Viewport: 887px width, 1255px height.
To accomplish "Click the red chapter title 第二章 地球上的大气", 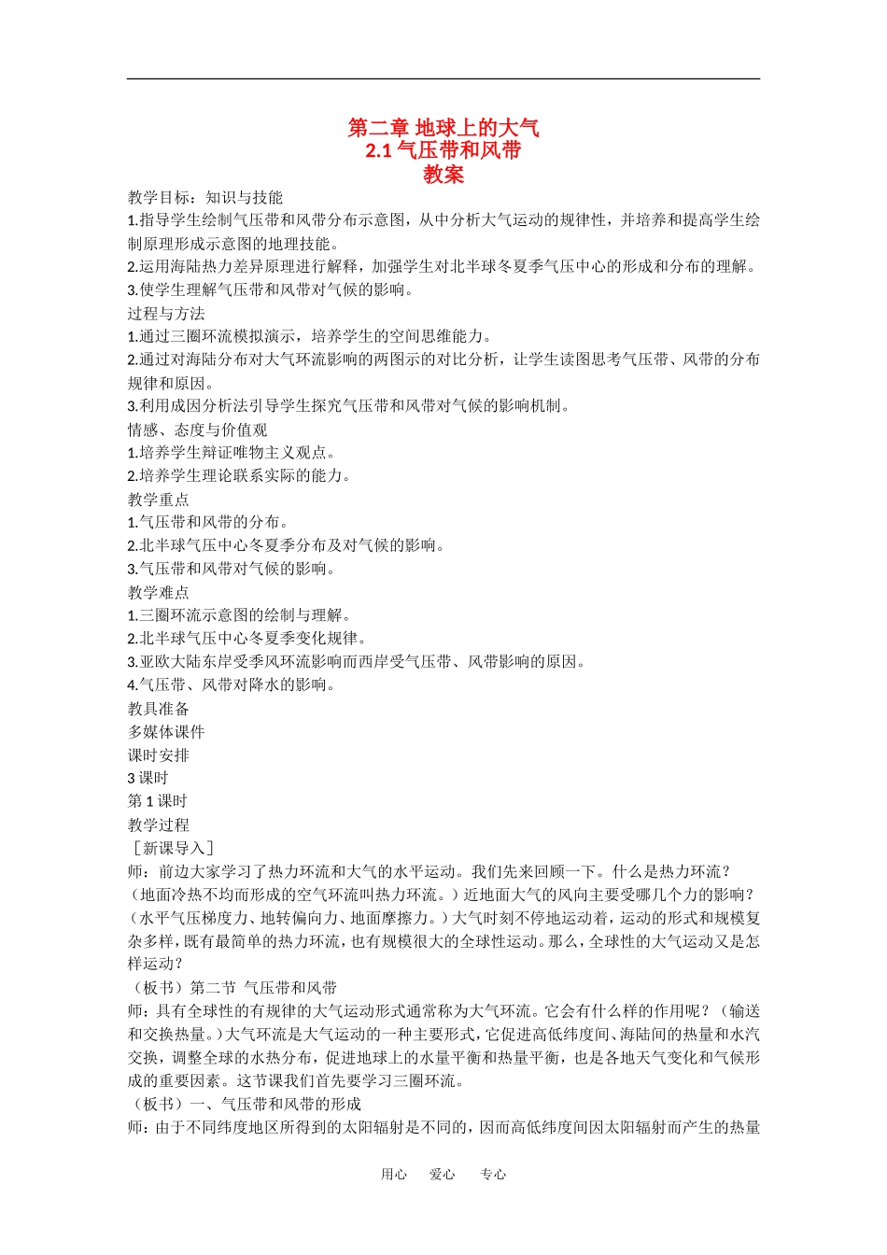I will click(x=443, y=128).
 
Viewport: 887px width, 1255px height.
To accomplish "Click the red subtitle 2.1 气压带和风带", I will click(x=443, y=150).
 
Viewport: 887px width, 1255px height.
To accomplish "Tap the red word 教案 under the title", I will click(x=443, y=174).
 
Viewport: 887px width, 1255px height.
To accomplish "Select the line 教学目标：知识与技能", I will click(x=205, y=198).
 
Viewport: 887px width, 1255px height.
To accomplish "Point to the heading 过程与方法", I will click(x=166, y=314).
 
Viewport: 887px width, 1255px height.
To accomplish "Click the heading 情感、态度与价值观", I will click(x=198, y=430).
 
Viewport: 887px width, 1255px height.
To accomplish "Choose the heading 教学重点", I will click(x=159, y=500).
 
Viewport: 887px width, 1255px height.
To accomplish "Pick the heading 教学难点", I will click(x=159, y=592).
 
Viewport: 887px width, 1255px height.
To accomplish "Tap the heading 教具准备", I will click(x=159, y=709).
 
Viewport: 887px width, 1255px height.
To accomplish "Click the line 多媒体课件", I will click(x=166, y=732).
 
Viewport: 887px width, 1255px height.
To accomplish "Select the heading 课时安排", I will click(x=159, y=755).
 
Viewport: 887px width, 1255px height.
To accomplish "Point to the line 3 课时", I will click(x=148, y=778).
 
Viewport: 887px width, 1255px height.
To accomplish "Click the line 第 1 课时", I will click(x=158, y=801).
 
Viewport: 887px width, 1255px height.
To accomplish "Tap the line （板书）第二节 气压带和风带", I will click(x=232, y=988).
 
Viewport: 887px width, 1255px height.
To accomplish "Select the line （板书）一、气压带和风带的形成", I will click(x=245, y=1104).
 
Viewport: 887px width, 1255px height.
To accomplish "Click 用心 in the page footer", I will click(x=394, y=1175).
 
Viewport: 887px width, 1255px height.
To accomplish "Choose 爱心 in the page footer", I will click(x=443, y=1175).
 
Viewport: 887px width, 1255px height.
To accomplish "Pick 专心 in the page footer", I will click(x=493, y=1175).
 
